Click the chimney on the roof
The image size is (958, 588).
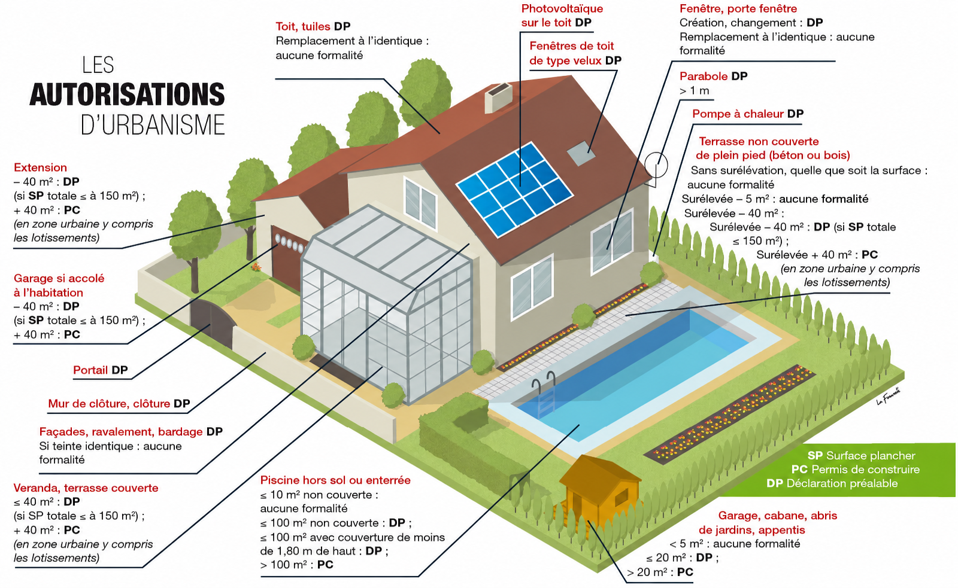point(498,98)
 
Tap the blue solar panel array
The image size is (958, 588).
point(514,189)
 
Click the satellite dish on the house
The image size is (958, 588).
point(656,165)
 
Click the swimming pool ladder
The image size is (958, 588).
point(544,393)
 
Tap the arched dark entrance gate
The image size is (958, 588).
point(213,322)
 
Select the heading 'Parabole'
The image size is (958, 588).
point(704,77)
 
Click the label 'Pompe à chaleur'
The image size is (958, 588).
point(738,114)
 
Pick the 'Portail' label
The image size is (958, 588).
point(90,370)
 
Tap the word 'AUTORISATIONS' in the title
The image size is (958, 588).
point(127,95)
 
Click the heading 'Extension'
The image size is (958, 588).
point(40,167)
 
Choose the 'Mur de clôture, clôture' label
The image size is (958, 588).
point(109,404)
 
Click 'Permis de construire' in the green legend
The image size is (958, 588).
point(865,470)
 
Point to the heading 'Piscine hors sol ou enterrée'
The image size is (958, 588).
point(335,480)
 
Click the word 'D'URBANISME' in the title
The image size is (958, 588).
point(153,124)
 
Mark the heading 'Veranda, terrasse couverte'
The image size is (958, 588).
point(86,488)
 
